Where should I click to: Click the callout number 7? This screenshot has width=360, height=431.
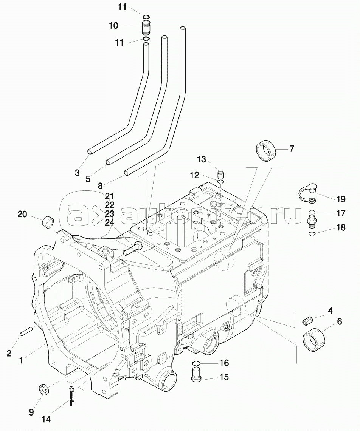[292, 148]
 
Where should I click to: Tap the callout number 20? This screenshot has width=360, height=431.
[22, 214]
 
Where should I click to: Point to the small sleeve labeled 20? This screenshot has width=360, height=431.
[47, 221]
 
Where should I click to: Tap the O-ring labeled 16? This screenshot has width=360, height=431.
[196, 363]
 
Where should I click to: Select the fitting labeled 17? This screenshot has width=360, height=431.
[312, 218]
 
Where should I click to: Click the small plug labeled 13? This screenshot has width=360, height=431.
[222, 175]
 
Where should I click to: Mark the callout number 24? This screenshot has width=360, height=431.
[110, 223]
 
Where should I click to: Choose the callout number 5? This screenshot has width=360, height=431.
[88, 179]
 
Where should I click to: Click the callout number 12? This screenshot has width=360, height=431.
[194, 175]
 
